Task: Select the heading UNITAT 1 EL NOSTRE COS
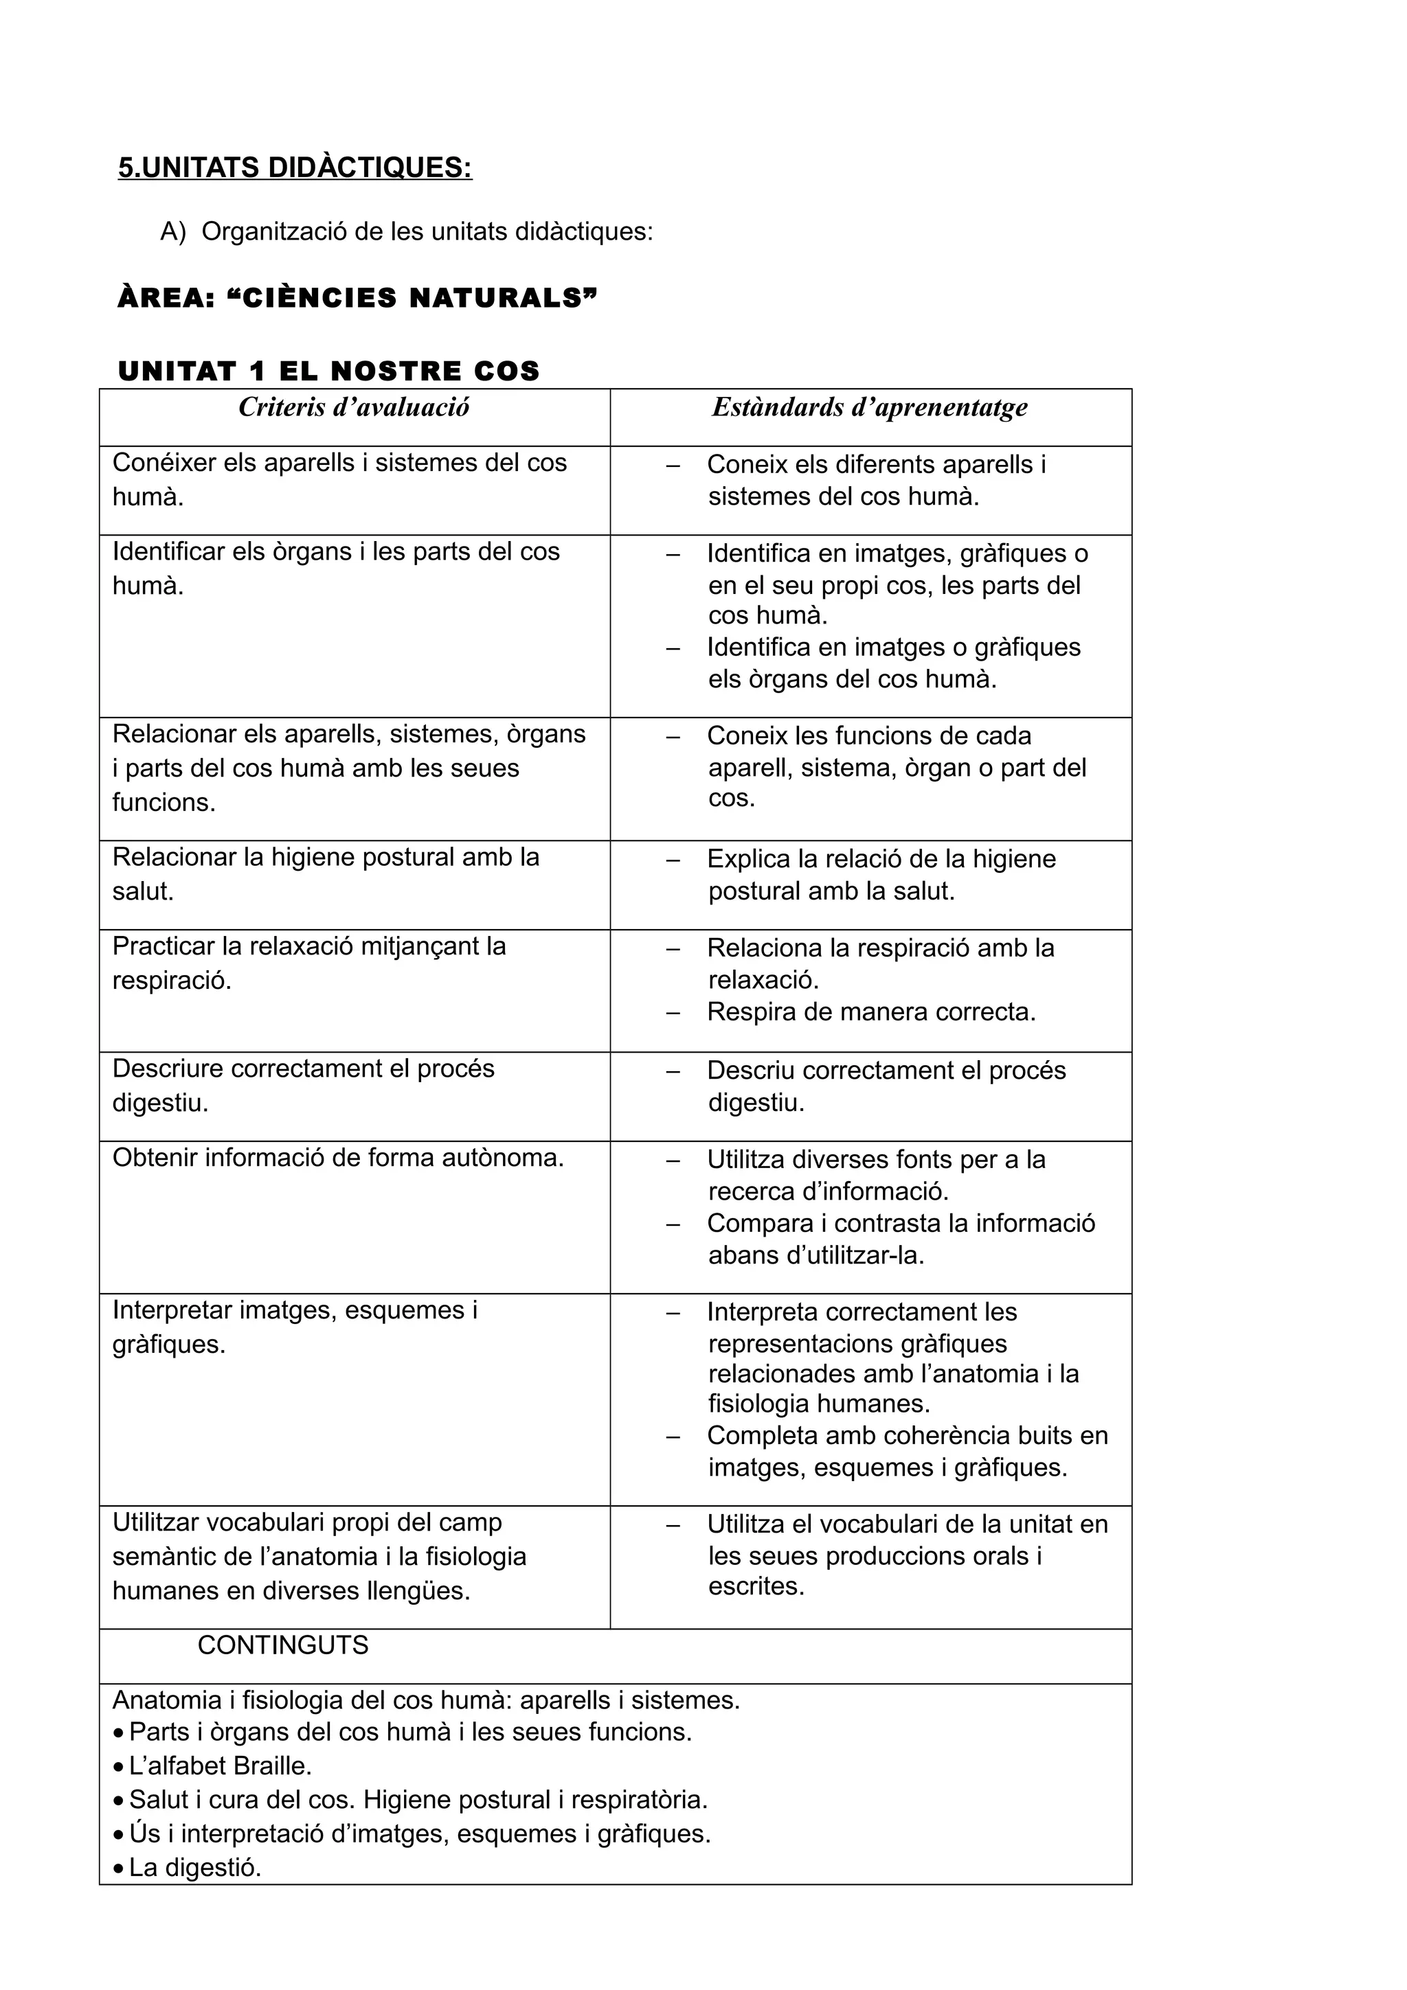328,371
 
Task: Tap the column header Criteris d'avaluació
354,407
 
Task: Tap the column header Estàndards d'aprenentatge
870,407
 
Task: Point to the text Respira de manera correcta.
871,1012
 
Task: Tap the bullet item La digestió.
195,1867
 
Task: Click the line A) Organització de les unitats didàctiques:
406,232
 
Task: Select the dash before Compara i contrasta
673,1224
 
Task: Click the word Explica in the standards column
748,859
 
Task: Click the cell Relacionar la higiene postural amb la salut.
326,873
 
